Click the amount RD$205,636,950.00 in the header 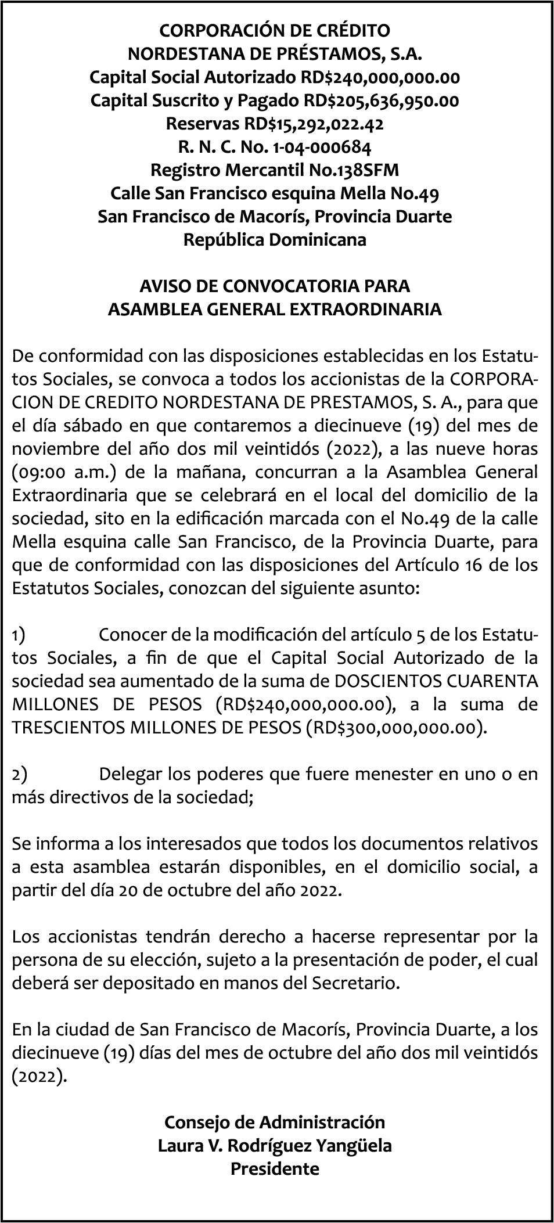(381, 101)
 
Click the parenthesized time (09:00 (36, 472)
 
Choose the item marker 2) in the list (19, 774)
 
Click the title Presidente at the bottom (275, 1169)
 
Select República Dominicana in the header (275, 240)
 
